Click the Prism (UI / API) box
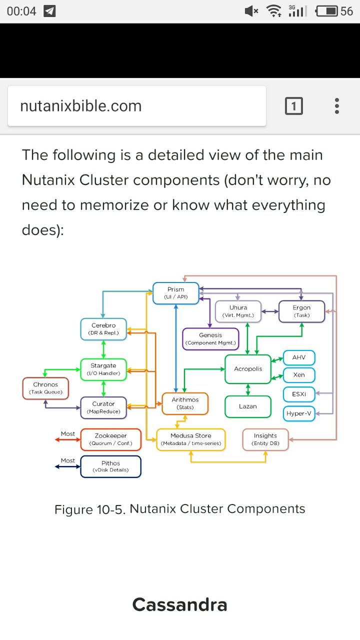click(176, 293)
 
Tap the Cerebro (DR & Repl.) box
click(103, 329)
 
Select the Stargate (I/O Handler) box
click(103, 369)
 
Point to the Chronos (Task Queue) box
click(45, 388)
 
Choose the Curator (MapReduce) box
click(103, 407)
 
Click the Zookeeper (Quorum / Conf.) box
click(110, 439)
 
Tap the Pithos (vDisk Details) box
click(110, 466)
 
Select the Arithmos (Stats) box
click(185, 403)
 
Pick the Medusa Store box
click(191, 439)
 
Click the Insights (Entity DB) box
click(265, 439)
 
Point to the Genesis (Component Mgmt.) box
click(210, 338)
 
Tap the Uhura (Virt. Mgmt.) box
click(238, 311)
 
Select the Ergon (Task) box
click(301, 311)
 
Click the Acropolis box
click(248, 369)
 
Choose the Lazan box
click(248, 406)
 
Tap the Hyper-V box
click(299, 413)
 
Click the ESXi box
click(299, 394)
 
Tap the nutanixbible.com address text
click(81, 106)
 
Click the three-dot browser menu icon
click(337, 106)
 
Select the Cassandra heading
click(180, 604)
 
